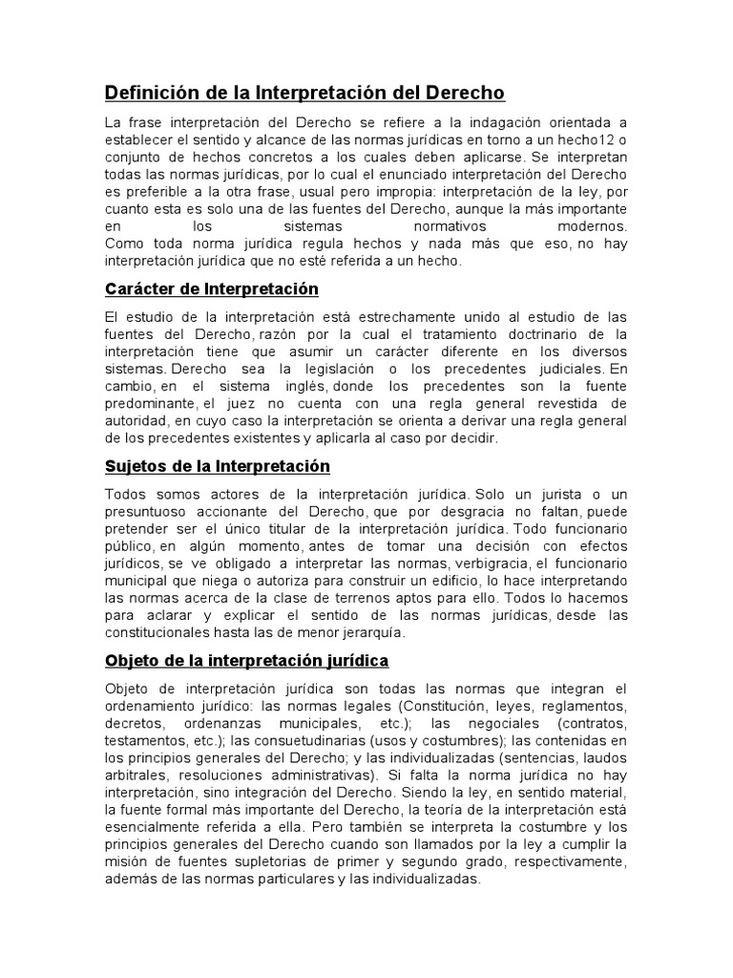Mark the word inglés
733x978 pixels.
pos(298,385)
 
